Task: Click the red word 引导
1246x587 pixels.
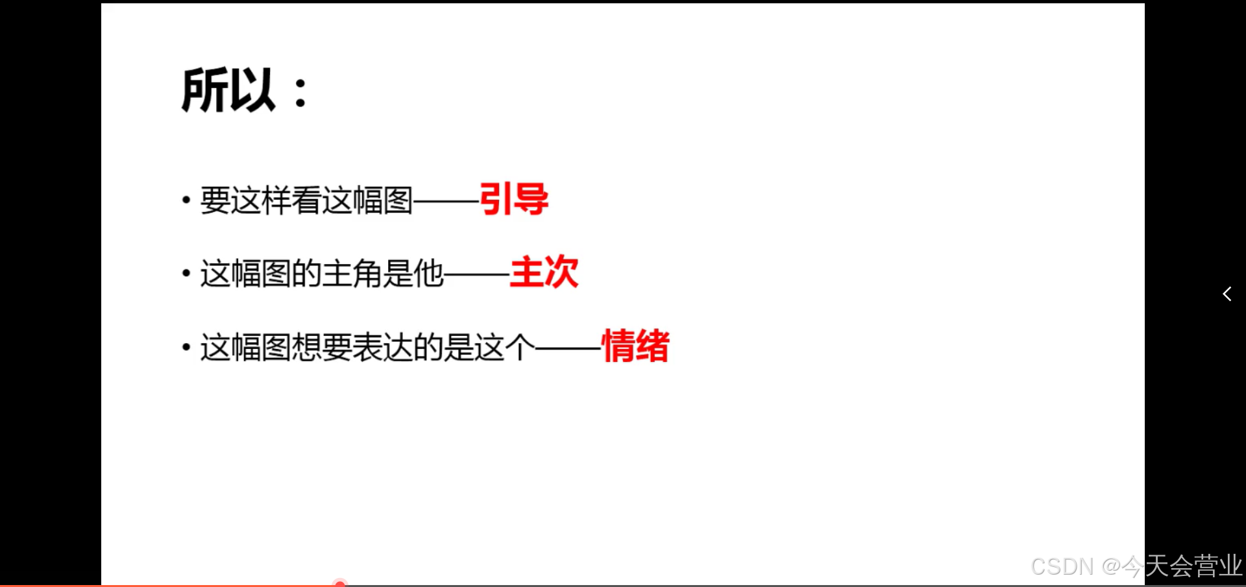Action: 513,199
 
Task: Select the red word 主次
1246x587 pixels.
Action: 544,272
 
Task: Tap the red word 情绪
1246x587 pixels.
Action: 635,346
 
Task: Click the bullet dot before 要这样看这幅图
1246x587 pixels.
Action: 186,200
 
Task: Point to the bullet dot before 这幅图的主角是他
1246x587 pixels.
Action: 186,273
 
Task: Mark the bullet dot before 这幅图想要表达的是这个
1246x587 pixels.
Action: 186,347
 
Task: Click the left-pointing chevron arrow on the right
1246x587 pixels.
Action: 1227,294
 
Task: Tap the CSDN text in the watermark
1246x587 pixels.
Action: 1062,567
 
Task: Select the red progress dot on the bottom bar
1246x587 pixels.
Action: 340,584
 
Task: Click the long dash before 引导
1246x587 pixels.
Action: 446,201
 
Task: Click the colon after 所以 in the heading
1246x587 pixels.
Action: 300,92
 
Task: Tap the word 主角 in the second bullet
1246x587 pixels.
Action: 352,273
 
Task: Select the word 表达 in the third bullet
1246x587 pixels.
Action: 382,347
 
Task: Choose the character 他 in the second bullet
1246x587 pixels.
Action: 428,273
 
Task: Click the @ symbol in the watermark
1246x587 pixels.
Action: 1112,567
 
